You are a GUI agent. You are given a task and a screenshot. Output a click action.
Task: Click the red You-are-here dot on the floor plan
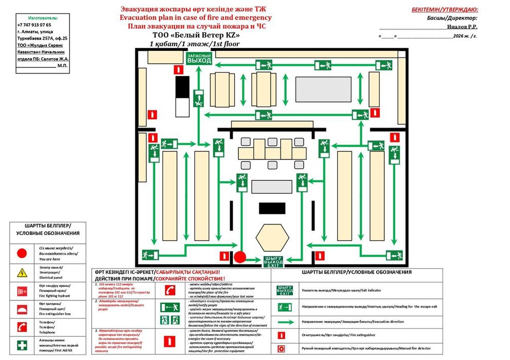tap(240, 257)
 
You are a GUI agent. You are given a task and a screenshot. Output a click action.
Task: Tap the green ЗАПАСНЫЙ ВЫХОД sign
tap(199, 58)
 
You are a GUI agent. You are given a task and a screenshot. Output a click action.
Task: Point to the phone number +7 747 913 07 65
tap(34, 25)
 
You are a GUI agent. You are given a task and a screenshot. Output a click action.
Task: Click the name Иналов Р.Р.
tap(462, 27)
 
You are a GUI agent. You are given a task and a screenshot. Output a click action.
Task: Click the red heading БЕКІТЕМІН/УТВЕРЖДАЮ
tap(445, 9)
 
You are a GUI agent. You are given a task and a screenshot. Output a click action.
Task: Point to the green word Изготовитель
tap(41, 17)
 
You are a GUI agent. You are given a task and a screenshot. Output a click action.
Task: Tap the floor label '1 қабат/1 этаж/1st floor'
tap(195, 44)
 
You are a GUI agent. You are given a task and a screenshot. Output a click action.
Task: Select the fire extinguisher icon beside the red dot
tap(223, 256)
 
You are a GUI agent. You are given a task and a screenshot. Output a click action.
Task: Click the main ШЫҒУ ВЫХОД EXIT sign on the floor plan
tap(273, 261)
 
